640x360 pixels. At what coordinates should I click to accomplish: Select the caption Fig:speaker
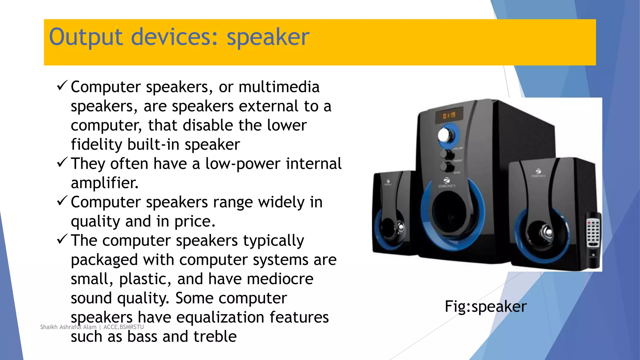click(485, 307)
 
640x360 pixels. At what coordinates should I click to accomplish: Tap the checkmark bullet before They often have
click(62, 162)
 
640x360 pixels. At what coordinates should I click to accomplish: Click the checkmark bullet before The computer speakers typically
click(62, 239)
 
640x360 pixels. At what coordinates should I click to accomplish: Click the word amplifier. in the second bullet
click(104, 183)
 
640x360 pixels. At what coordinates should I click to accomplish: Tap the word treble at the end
click(215, 337)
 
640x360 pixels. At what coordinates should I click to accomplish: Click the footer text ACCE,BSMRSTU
click(123, 327)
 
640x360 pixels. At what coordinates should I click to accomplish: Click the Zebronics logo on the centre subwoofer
click(447, 182)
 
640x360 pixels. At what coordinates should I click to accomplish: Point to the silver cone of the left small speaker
click(400, 226)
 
